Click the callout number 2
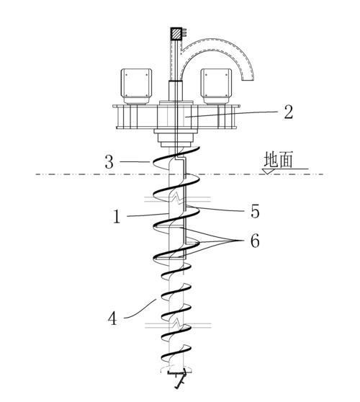click(288, 112)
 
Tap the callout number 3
click(109, 162)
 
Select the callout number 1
click(117, 217)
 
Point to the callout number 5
click(255, 212)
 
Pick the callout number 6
click(255, 241)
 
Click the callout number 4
click(113, 318)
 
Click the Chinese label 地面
click(278, 160)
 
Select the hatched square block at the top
click(176, 34)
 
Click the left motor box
click(136, 86)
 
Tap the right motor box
click(216, 86)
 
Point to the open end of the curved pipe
click(248, 81)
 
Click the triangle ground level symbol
click(268, 171)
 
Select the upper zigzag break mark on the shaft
click(177, 199)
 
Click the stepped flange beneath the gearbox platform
click(176, 138)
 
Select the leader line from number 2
click(232, 114)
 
